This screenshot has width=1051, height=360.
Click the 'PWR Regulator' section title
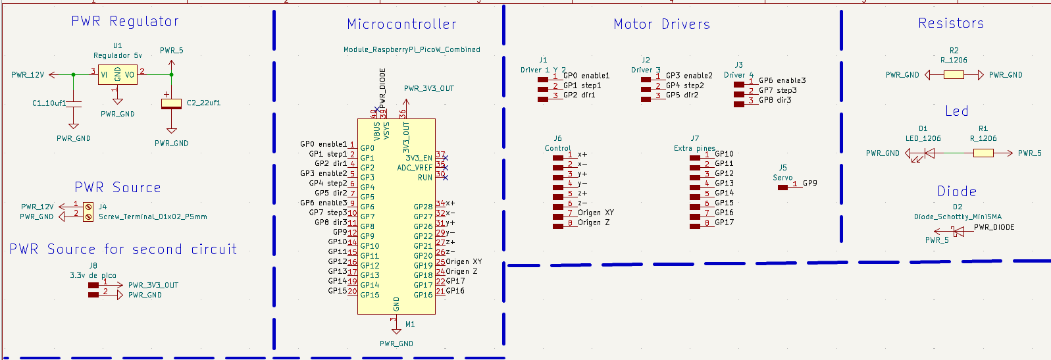[125, 21]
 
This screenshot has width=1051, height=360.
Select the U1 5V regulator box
[117, 74]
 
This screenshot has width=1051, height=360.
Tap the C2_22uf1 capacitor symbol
[171, 103]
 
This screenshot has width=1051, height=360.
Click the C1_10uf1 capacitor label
[49, 103]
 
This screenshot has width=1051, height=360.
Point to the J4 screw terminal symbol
[88, 211]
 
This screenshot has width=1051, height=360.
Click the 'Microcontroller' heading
[401, 24]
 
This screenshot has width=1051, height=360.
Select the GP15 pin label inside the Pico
[369, 295]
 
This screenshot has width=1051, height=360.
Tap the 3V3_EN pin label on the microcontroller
[419, 158]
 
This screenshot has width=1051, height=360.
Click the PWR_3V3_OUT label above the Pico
[428, 88]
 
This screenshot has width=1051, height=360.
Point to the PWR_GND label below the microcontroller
[396, 344]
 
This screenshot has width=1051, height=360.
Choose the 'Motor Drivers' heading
[661, 24]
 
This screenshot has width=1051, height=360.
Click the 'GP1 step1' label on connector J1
[582, 86]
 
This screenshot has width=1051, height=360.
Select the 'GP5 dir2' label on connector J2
[682, 95]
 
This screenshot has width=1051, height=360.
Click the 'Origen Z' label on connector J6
[594, 222]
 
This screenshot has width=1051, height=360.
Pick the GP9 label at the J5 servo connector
[809, 183]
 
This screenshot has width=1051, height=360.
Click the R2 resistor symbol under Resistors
[954, 75]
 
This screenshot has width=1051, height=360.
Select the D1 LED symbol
[929, 153]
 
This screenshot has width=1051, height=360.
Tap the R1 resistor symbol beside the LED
[983, 153]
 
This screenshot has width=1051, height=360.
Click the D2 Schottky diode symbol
[958, 231]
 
